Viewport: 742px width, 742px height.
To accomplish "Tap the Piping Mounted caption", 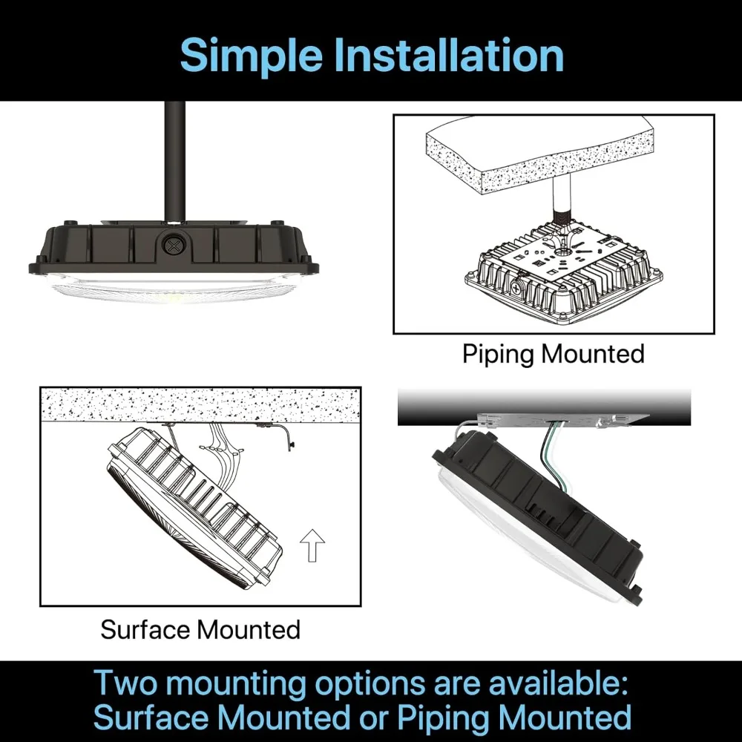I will pos(554,354).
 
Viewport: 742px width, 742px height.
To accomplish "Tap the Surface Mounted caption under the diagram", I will pos(200,630).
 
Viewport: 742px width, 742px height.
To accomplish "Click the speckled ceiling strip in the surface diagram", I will pos(200,404).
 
